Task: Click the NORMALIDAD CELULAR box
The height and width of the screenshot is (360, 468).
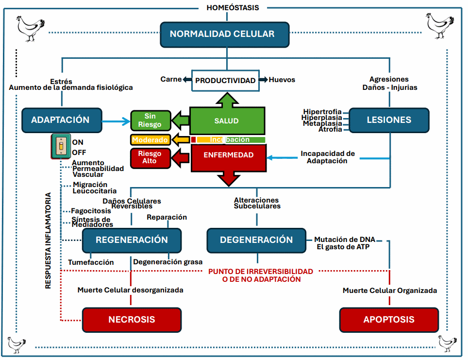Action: click(x=225, y=34)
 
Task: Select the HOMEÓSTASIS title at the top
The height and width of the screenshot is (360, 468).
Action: click(x=233, y=7)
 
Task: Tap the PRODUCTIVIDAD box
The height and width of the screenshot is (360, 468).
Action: click(x=225, y=80)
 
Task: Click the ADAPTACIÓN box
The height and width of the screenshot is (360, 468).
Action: click(x=62, y=120)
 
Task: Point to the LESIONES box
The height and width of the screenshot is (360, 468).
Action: click(x=389, y=120)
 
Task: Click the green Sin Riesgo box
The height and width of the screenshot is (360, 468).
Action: click(x=150, y=120)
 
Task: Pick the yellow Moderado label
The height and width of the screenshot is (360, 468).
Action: click(x=150, y=140)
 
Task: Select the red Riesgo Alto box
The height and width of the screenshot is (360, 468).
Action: click(x=150, y=158)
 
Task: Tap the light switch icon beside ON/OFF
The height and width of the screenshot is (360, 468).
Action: click(x=61, y=146)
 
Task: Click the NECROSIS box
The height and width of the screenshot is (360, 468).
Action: click(x=132, y=320)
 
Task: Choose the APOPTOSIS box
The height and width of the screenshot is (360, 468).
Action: click(x=389, y=320)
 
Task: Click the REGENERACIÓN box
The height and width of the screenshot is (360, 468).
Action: click(x=132, y=240)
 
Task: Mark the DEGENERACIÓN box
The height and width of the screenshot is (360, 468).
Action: click(x=256, y=240)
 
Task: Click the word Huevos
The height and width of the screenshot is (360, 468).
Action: click(x=282, y=80)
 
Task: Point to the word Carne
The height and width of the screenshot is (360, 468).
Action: click(x=171, y=79)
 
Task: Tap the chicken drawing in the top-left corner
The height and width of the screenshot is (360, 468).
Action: click(x=31, y=29)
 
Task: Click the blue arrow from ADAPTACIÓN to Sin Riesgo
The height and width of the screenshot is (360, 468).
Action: click(x=116, y=121)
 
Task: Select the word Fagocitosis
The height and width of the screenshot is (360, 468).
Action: click(x=91, y=211)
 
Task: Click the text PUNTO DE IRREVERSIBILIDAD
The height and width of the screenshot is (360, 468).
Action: click(x=261, y=272)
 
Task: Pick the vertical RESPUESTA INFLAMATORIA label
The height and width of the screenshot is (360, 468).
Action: click(x=48, y=241)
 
